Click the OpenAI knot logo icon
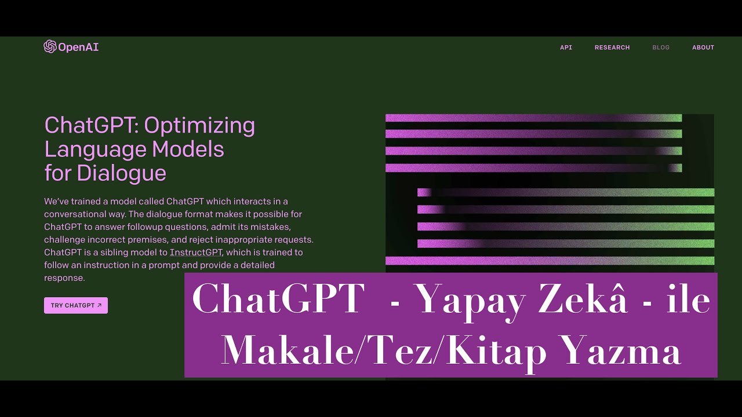click(50, 47)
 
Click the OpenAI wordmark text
click(78, 47)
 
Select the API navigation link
click(566, 47)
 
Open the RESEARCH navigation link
click(612, 47)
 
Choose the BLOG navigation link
click(661, 47)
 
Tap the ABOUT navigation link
click(703, 47)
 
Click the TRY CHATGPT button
click(76, 305)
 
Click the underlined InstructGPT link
click(196, 253)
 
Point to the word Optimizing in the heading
click(199, 125)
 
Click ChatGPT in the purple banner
click(278, 300)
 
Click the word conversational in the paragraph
click(73, 214)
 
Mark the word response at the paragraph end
click(64, 278)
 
